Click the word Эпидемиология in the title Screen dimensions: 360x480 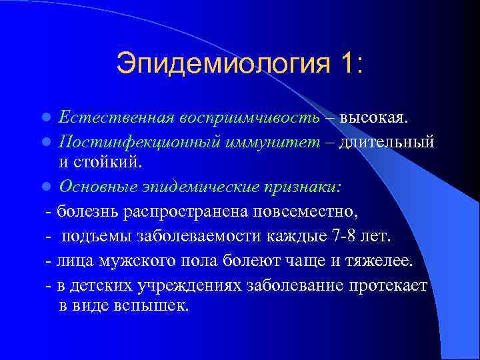223,64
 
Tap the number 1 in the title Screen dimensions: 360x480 349,64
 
